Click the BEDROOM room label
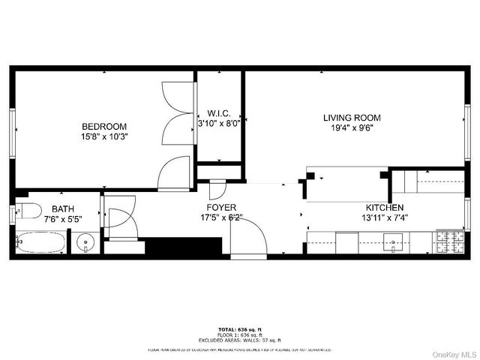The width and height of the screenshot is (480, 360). coord(104,127)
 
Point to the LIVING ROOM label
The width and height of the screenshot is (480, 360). coord(352,118)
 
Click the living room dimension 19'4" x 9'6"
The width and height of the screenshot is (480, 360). coord(352,128)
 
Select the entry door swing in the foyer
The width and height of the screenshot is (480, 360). coord(247,238)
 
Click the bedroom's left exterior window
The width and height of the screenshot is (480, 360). coord(13,133)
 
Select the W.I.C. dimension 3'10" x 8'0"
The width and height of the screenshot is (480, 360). coord(218,124)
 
